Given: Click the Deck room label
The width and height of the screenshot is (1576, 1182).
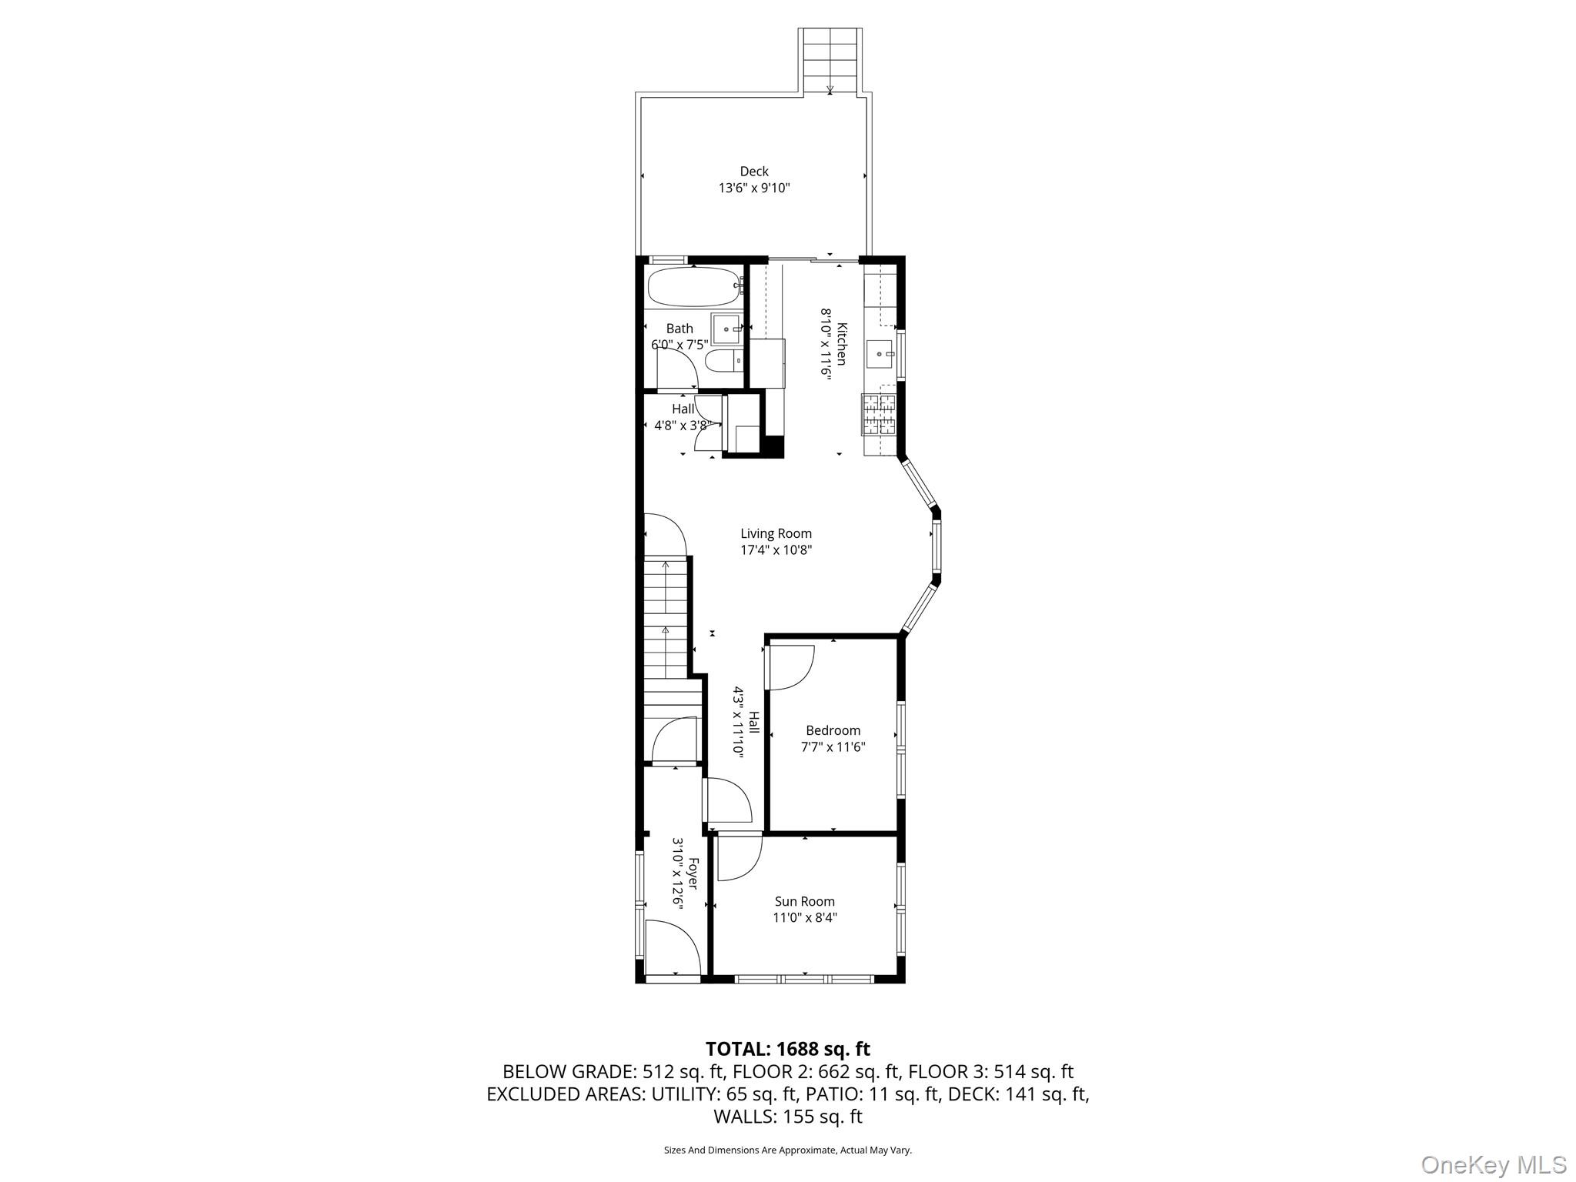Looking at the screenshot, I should click(x=754, y=172).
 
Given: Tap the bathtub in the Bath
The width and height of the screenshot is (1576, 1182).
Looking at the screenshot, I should click(x=693, y=288).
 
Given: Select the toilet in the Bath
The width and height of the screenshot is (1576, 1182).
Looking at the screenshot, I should click(x=723, y=359).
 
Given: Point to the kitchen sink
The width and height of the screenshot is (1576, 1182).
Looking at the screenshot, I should click(x=880, y=354).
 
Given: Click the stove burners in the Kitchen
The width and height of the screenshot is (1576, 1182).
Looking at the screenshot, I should click(x=879, y=414).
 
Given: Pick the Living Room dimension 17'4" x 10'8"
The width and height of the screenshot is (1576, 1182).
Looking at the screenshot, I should click(x=776, y=550).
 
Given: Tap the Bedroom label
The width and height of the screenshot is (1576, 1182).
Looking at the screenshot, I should click(x=833, y=730).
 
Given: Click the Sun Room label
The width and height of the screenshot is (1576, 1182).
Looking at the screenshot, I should click(x=804, y=901).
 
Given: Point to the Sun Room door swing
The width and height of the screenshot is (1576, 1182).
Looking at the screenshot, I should click(x=739, y=858).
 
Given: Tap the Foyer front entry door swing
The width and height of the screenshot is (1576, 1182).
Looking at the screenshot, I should click(x=672, y=947).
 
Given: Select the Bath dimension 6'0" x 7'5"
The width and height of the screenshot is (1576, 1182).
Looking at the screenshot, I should click(x=679, y=345).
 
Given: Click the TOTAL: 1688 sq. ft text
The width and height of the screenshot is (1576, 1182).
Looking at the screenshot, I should click(x=787, y=1049).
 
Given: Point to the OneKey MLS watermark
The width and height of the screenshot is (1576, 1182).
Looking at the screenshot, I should click(x=1493, y=1164).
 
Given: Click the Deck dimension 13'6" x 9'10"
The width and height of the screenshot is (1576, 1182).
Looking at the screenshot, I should click(x=754, y=188).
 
